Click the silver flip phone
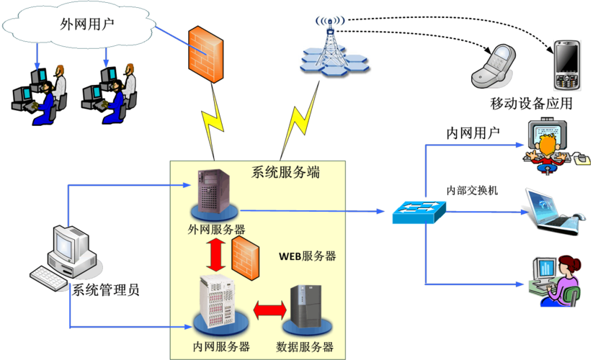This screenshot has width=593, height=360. pos(495,67)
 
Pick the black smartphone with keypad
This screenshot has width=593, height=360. pos(566,66)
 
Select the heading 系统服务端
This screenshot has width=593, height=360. pos(285,173)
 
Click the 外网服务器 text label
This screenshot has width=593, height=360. pos(216,229)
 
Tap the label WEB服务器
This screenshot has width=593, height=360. pos(307,256)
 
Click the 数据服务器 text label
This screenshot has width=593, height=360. pos(305,346)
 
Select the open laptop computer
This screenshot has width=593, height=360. pos(551,211)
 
